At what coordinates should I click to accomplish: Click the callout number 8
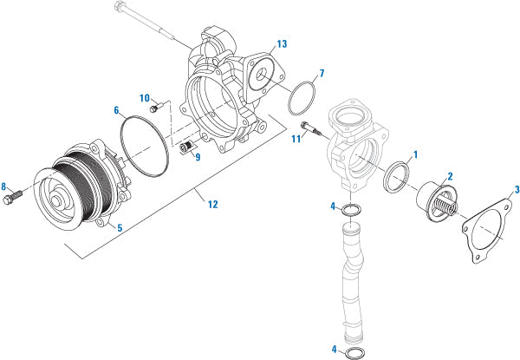(x=4, y=186)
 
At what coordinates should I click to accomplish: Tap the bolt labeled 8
(x=23, y=196)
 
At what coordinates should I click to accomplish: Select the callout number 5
(x=119, y=228)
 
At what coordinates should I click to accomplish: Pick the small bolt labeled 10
(x=156, y=108)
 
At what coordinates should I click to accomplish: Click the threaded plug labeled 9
(x=185, y=149)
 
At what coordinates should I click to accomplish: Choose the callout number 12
(x=210, y=204)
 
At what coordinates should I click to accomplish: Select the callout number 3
(x=517, y=189)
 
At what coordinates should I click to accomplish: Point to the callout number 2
(x=450, y=175)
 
